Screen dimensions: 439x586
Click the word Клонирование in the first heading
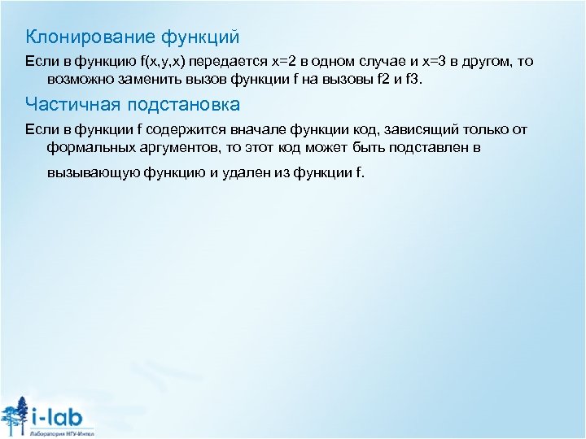point(76,37)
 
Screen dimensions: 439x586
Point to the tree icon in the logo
point(13,415)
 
